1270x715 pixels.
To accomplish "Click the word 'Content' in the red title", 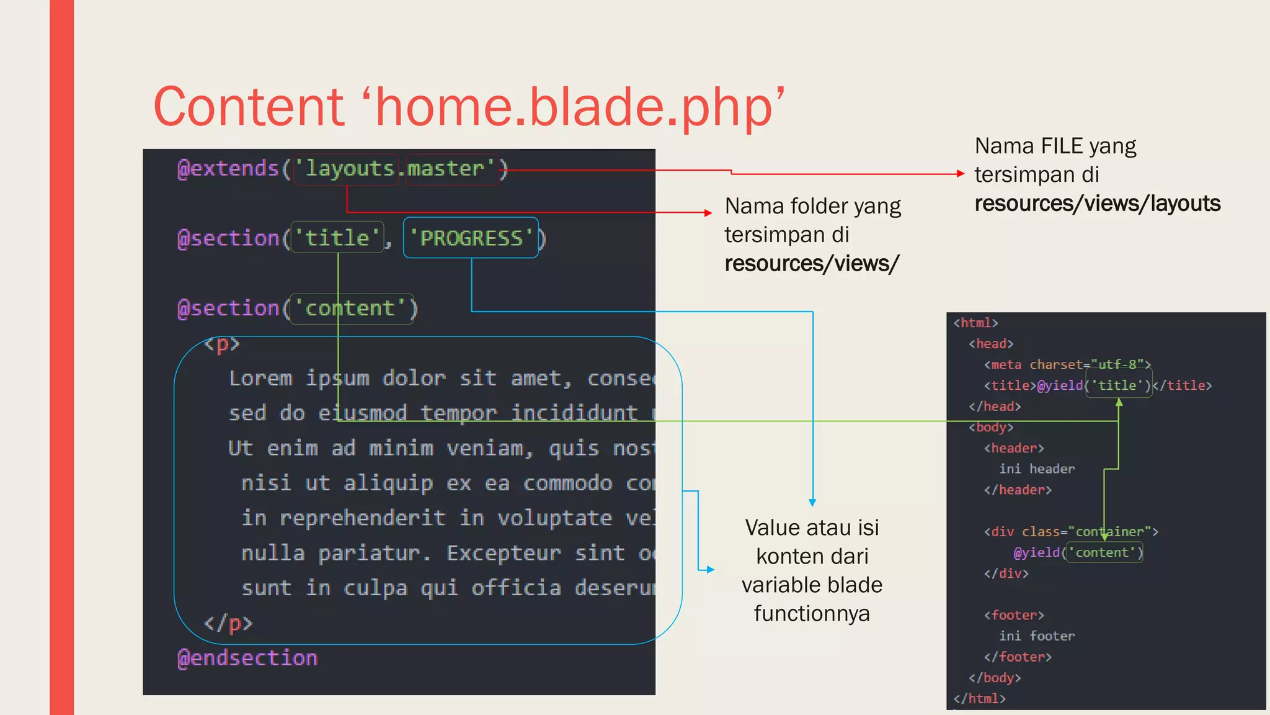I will [x=248, y=107].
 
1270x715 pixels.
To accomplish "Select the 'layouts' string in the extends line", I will [x=349, y=169].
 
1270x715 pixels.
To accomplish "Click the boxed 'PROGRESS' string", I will [x=471, y=238].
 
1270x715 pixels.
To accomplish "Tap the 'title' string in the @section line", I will [x=337, y=238].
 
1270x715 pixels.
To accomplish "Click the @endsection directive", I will [x=247, y=658].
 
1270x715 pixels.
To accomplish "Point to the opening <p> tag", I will [x=221, y=344].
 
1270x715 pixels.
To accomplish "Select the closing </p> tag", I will [x=228, y=623].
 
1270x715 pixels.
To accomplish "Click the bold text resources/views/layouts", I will [x=1097, y=204].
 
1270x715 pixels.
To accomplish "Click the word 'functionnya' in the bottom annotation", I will [x=812, y=614].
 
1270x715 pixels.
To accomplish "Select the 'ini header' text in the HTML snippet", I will [x=1037, y=469].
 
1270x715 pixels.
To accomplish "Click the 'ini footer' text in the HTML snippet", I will [x=1037, y=636].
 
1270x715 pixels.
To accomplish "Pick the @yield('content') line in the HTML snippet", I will [x=1078, y=552].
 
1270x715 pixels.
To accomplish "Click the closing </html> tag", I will [x=979, y=699].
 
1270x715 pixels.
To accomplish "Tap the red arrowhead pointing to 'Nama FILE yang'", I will [x=961, y=174].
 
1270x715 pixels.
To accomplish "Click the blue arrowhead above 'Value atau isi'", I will [x=812, y=503].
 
